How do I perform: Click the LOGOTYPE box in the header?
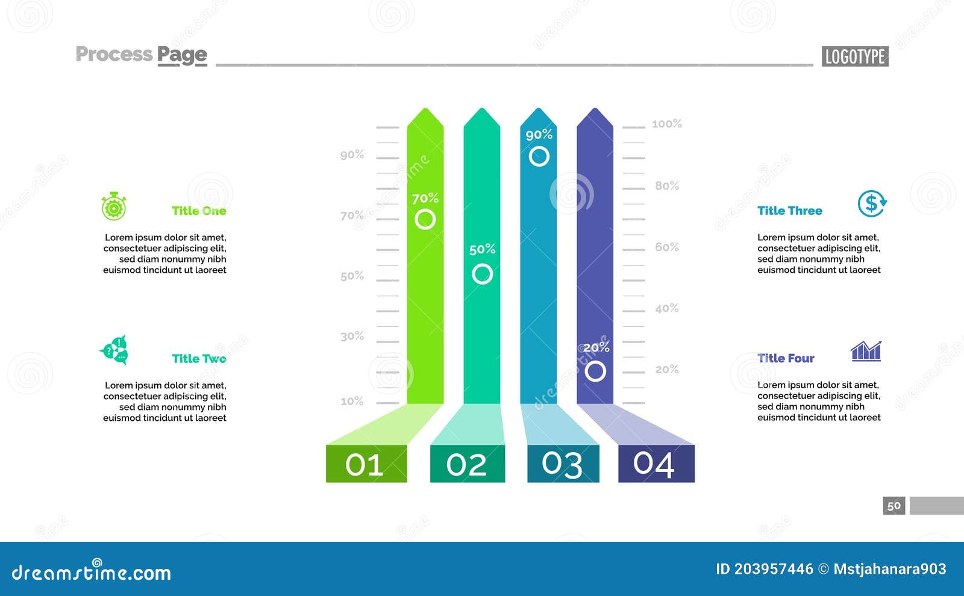tap(854, 57)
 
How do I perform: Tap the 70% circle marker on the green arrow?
tap(425, 219)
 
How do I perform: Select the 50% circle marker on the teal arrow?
tap(482, 274)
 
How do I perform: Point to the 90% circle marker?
tap(539, 157)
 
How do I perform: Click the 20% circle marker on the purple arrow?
tap(595, 371)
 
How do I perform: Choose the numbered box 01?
tap(366, 464)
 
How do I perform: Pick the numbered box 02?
tap(467, 464)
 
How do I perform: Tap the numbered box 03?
tap(563, 464)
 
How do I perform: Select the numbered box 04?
tap(656, 464)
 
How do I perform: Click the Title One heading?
tap(199, 211)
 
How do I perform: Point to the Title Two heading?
tap(199, 359)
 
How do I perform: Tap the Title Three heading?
tap(789, 211)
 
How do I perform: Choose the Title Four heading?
tap(786, 358)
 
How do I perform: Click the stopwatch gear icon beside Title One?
tap(113, 206)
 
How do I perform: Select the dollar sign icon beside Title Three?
tap(872, 203)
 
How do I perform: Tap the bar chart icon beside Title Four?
tap(866, 350)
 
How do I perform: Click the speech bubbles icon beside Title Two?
tap(114, 350)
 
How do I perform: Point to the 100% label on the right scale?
tap(666, 124)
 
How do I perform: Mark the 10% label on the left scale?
tap(352, 401)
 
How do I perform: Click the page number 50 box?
tap(894, 506)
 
